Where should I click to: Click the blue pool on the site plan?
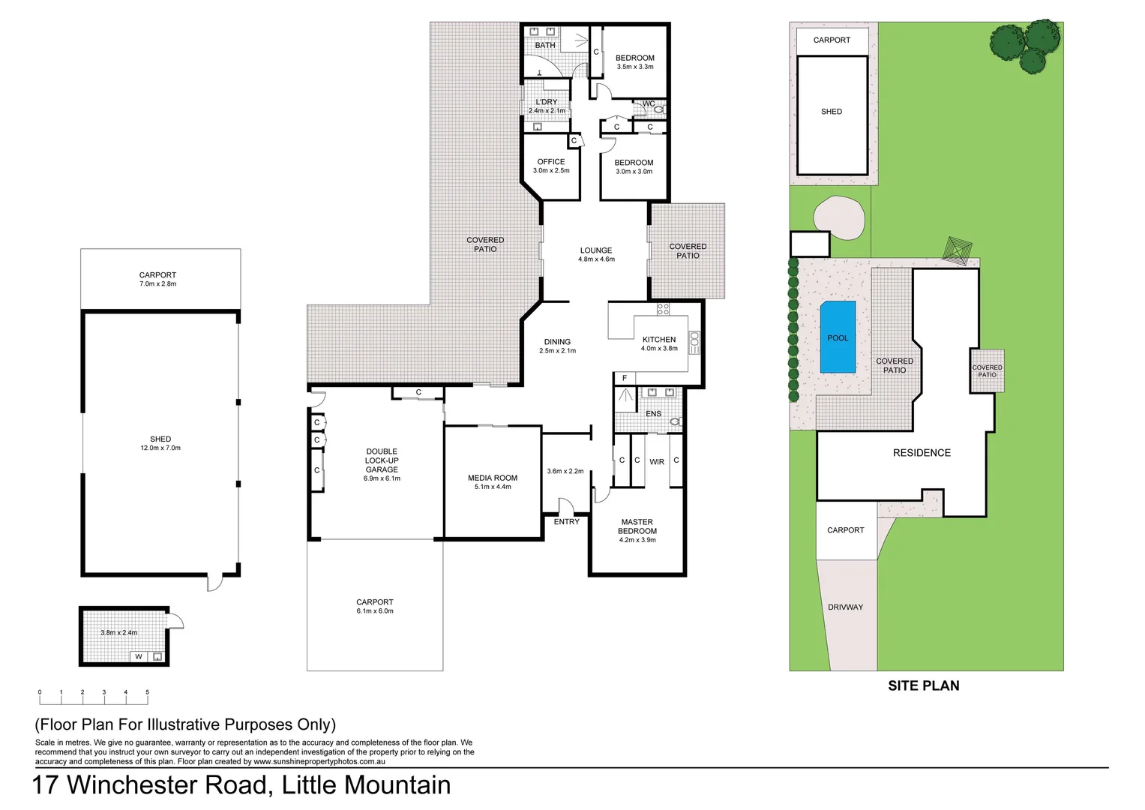tap(838, 337)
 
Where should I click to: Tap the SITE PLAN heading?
tap(923, 685)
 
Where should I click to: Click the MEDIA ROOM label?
tap(493, 478)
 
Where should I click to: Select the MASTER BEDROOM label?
tap(637, 526)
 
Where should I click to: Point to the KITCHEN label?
tap(659, 340)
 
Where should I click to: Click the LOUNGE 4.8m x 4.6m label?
tap(596, 254)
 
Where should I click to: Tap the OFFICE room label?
tap(551, 162)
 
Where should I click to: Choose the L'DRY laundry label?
tap(547, 102)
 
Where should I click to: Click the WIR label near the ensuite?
tap(657, 462)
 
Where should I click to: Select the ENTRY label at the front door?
tap(566, 522)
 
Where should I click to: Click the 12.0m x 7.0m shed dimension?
tap(160, 448)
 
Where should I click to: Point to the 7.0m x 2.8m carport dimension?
tap(157, 284)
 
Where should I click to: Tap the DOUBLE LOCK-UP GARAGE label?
tap(382, 460)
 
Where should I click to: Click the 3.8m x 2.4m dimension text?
tap(119, 633)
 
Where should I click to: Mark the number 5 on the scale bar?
tap(147, 692)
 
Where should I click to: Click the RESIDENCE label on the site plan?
tap(922, 453)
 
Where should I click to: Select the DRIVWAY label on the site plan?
tap(845, 607)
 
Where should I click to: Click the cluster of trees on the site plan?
tap(1026, 45)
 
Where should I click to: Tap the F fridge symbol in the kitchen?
tap(624, 378)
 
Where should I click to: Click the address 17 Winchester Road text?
tap(150, 785)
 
